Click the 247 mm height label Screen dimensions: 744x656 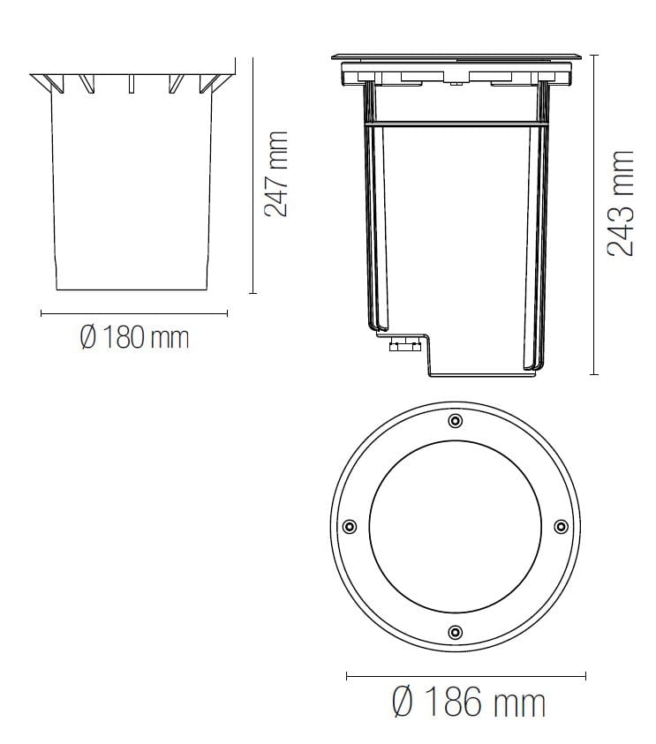[x=276, y=174]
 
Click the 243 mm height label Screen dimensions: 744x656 [x=622, y=204]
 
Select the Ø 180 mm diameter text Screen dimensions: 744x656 [x=134, y=337]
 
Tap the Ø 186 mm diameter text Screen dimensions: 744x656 [x=468, y=703]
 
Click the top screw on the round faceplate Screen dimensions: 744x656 [x=455, y=420]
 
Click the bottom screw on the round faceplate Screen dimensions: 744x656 [x=455, y=632]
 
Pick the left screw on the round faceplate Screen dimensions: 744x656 [x=350, y=526]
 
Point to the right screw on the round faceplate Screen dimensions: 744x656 [x=561, y=526]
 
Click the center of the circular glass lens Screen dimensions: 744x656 [x=455, y=526]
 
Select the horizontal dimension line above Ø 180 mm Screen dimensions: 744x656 [x=134, y=312]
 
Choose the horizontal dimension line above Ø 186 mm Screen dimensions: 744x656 [x=465, y=677]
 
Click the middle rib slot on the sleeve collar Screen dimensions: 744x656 [x=132, y=84]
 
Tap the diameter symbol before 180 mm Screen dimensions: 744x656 [x=87, y=337]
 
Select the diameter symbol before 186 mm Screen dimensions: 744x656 [x=402, y=703]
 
